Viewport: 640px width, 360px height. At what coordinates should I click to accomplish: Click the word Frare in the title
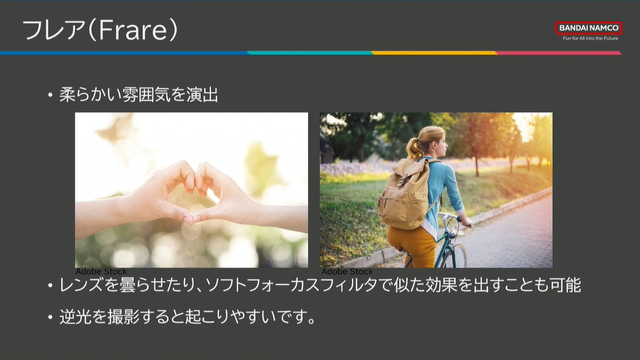tap(132, 30)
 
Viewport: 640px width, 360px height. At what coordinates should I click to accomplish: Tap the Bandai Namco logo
tap(588, 28)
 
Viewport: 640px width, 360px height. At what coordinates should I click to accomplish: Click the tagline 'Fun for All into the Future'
tap(590, 38)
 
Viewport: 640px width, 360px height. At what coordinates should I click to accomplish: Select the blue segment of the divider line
tap(124, 53)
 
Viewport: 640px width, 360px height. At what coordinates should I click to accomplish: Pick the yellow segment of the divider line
tap(434, 53)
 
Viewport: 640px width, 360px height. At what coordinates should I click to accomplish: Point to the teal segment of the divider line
tap(310, 53)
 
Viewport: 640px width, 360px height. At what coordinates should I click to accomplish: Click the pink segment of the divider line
tap(559, 53)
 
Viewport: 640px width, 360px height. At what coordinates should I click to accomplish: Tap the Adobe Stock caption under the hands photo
tap(101, 272)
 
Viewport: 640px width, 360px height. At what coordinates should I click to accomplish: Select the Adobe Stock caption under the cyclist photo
tap(347, 272)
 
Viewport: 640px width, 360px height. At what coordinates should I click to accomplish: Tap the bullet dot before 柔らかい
tap(50, 95)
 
